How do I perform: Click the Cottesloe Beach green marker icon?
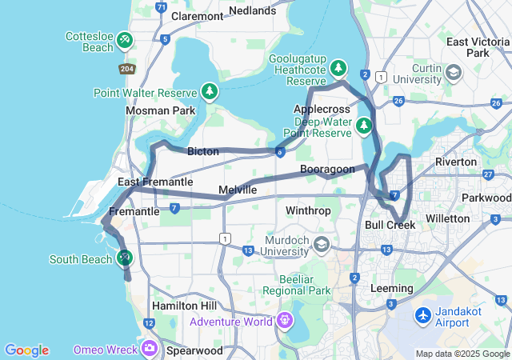(x=124, y=39)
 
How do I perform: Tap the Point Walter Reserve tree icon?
(x=210, y=91)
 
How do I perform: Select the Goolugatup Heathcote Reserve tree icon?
(x=339, y=68)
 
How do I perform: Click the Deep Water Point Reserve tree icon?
(x=364, y=126)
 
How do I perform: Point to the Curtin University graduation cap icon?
(x=453, y=74)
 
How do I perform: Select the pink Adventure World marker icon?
(x=284, y=322)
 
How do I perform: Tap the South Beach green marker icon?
(x=123, y=258)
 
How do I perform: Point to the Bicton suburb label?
(x=203, y=151)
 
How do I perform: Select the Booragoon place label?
(x=327, y=170)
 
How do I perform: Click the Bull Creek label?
(x=390, y=225)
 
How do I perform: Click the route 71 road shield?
(x=162, y=8)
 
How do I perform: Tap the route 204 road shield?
(x=126, y=69)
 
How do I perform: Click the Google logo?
(x=26, y=350)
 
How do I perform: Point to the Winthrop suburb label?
(x=308, y=210)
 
